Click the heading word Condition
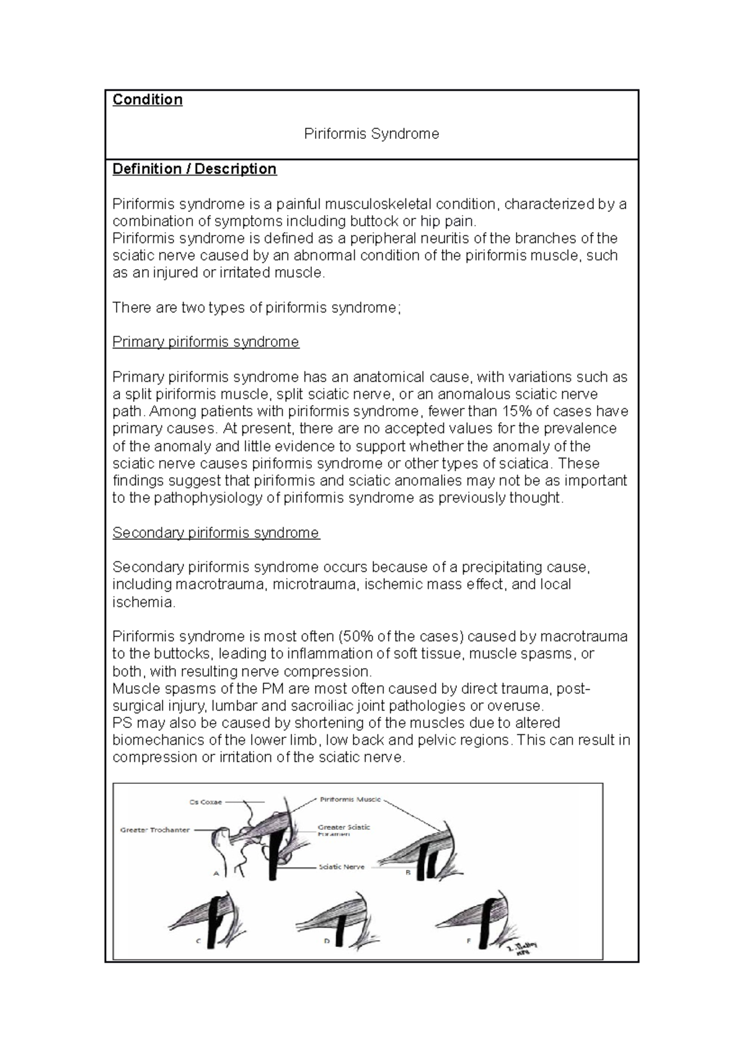[x=147, y=100]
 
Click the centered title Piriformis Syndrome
[x=371, y=134]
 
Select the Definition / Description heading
[x=194, y=169]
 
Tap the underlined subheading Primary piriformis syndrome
[x=205, y=342]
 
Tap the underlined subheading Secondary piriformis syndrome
[x=216, y=533]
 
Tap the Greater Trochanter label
[x=155, y=830]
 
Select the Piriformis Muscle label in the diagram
[x=350, y=799]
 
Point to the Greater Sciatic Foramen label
[x=344, y=830]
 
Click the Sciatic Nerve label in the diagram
[x=342, y=867]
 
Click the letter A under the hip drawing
[x=217, y=874]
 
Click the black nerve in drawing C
[x=215, y=930]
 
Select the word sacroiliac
[x=336, y=706]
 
